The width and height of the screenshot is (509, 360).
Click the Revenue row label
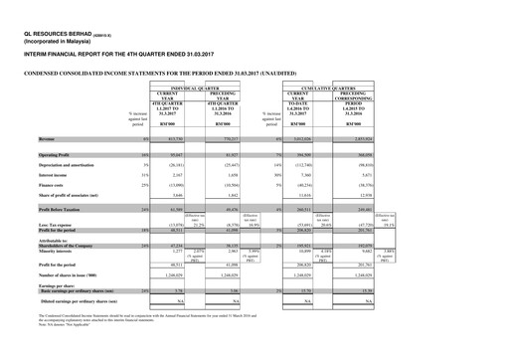click(x=52, y=140)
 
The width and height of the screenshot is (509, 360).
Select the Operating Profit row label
click(x=61, y=156)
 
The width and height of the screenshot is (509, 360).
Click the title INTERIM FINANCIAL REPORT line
click(x=109, y=56)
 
